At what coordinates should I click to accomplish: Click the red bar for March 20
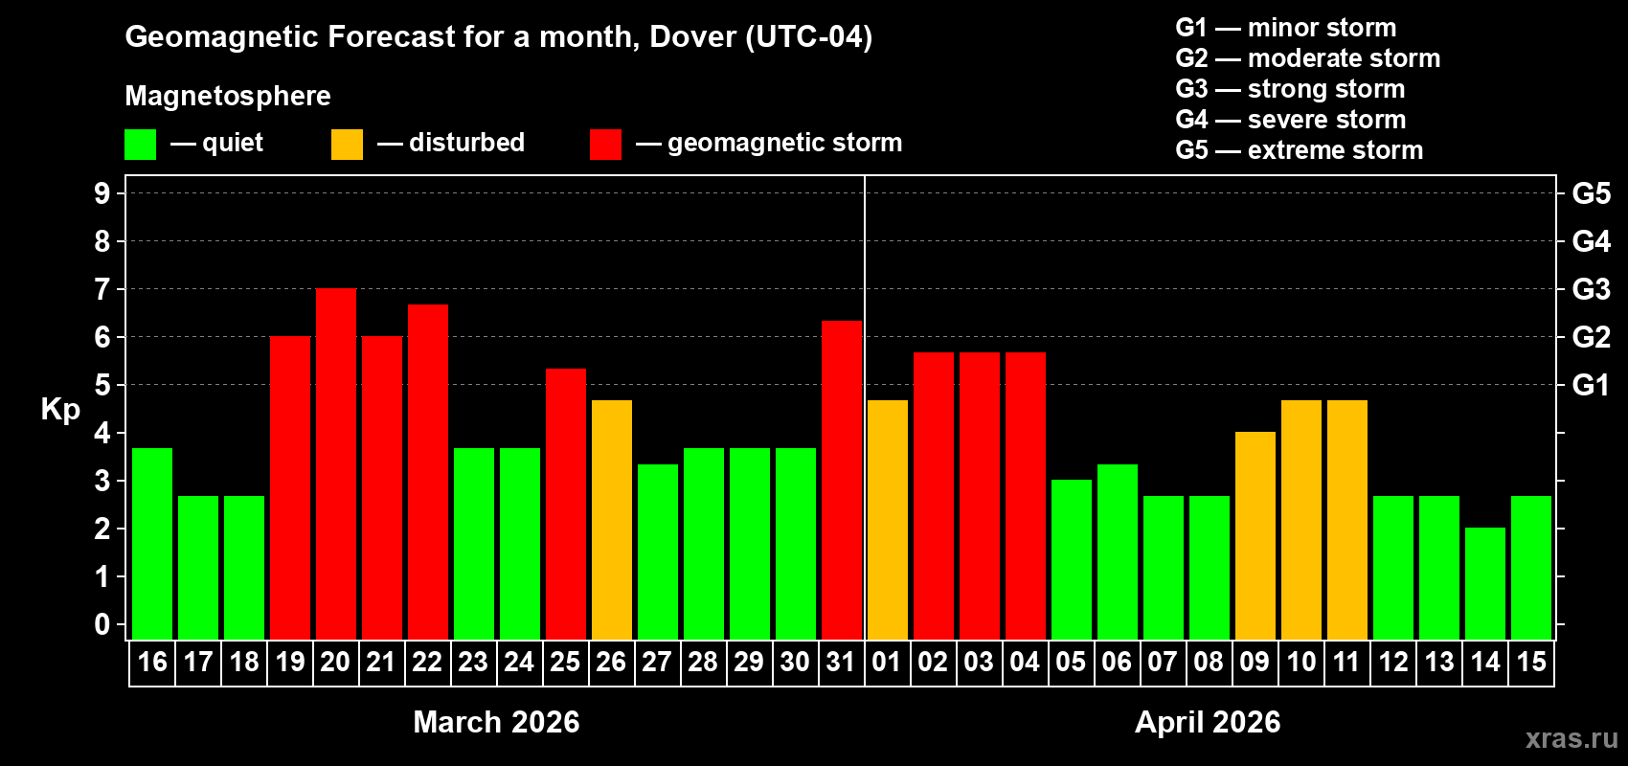[336, 463]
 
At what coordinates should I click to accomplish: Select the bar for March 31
[842, 480]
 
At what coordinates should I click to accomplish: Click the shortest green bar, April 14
[1485, 583]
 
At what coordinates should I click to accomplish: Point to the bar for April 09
[1255, 535]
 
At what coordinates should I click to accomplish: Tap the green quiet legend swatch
[141, 145]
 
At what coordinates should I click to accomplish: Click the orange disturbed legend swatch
[347, 145]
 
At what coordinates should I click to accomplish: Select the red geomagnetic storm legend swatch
[605, 145]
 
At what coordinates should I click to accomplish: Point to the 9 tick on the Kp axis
[102, 193]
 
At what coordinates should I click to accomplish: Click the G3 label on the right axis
[1591, 289]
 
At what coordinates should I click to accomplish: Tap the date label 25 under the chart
[565, 662]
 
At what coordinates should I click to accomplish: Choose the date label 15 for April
[1531, 662]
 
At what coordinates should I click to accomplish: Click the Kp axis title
[60, 409]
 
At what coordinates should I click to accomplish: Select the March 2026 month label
[496, 722]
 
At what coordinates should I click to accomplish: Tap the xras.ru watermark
[1571, 738]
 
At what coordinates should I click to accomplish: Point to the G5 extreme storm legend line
[1299, 150]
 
